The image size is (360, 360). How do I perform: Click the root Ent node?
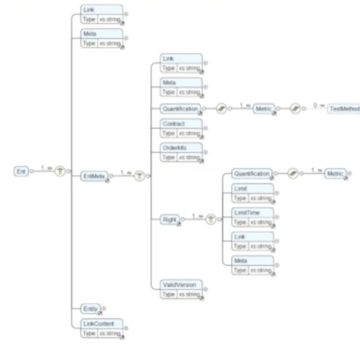click(21, 171)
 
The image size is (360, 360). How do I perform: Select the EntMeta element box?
click(94, 175)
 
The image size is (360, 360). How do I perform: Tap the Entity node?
click(90, 308)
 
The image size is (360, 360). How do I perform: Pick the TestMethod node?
click(343, 108)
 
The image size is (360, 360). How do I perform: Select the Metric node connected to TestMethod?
click(261, 108)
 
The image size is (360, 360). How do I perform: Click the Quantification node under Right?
click(251, 173)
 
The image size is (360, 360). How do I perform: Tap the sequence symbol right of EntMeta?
click(140, 174)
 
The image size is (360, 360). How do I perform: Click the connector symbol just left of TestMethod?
click(294, 108)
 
